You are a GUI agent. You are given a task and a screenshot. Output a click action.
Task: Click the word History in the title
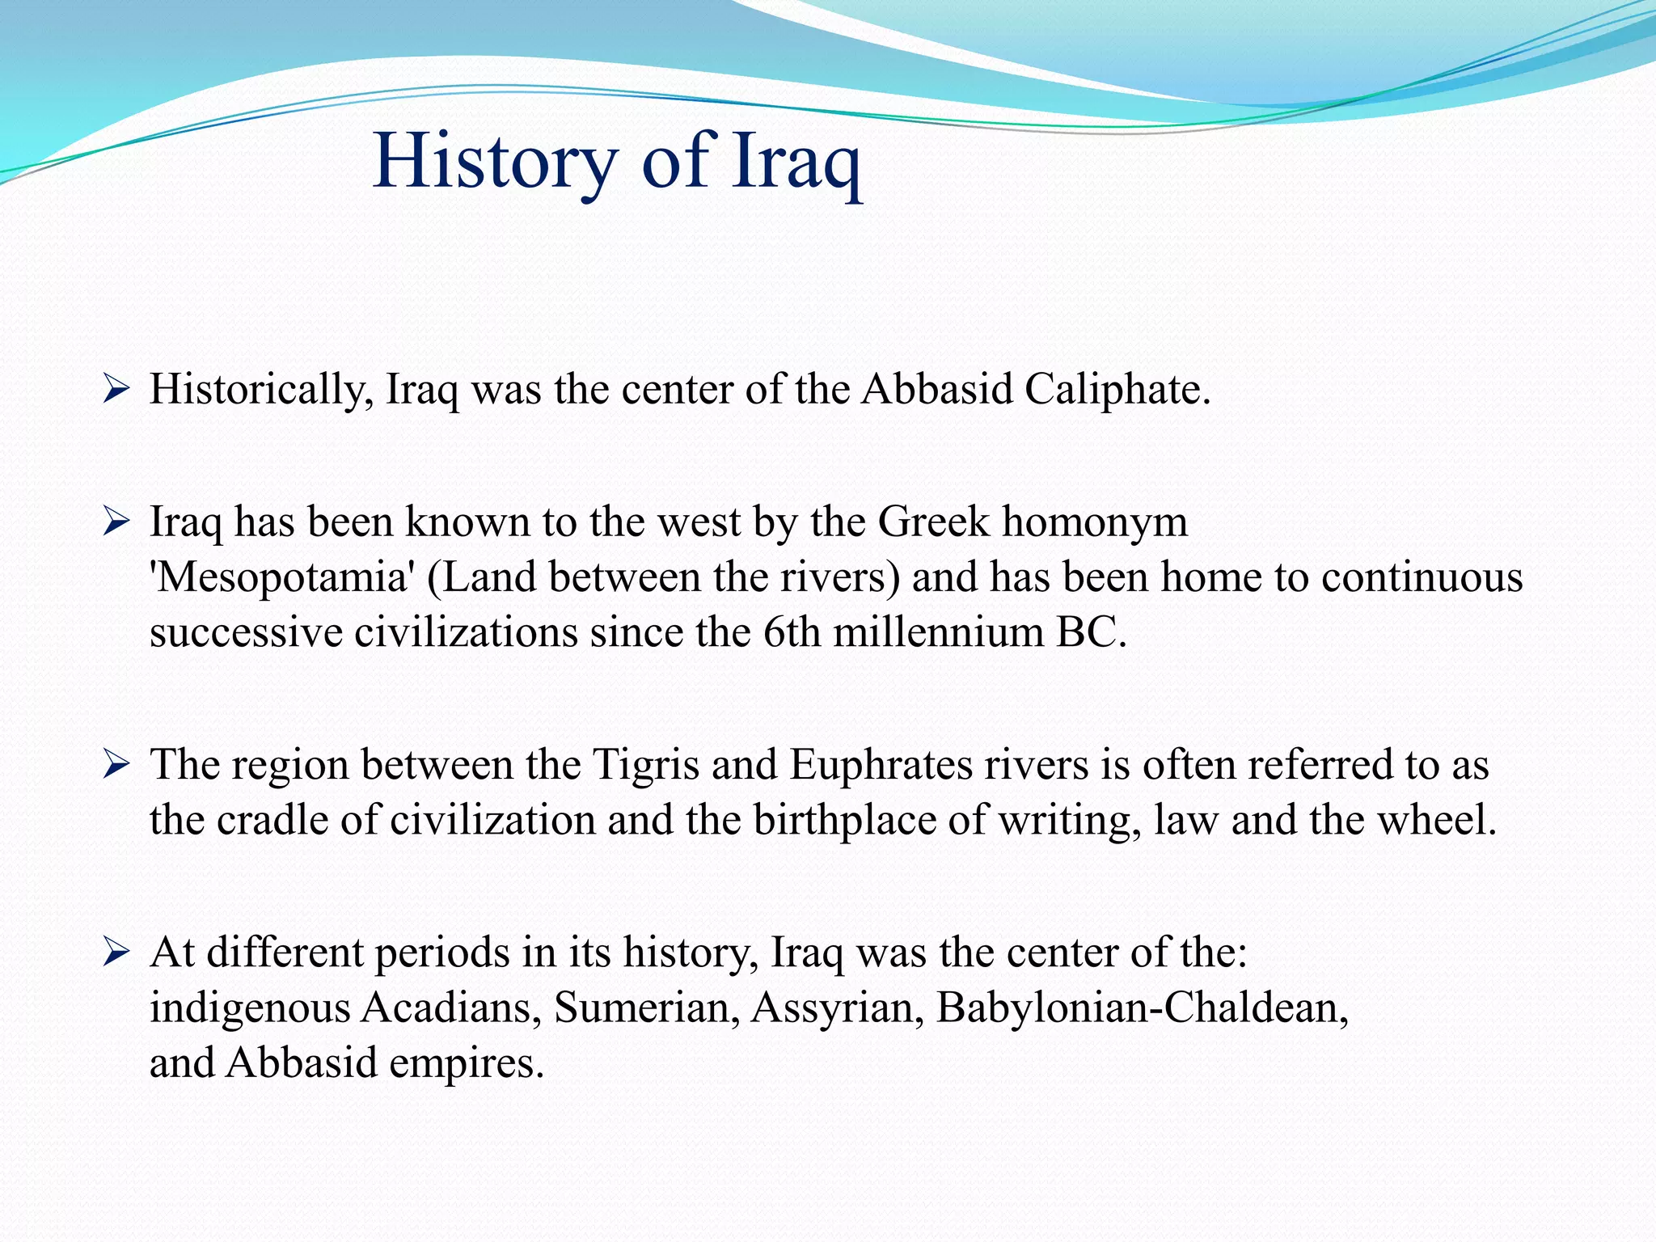[495, 162]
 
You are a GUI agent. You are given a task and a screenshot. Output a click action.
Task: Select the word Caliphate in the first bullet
[1117, 390]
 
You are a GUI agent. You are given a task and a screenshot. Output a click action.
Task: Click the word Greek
[933, 522]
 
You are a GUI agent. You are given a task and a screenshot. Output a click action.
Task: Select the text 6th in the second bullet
[791, 632]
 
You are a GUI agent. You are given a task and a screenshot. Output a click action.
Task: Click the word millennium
[938, 632]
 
